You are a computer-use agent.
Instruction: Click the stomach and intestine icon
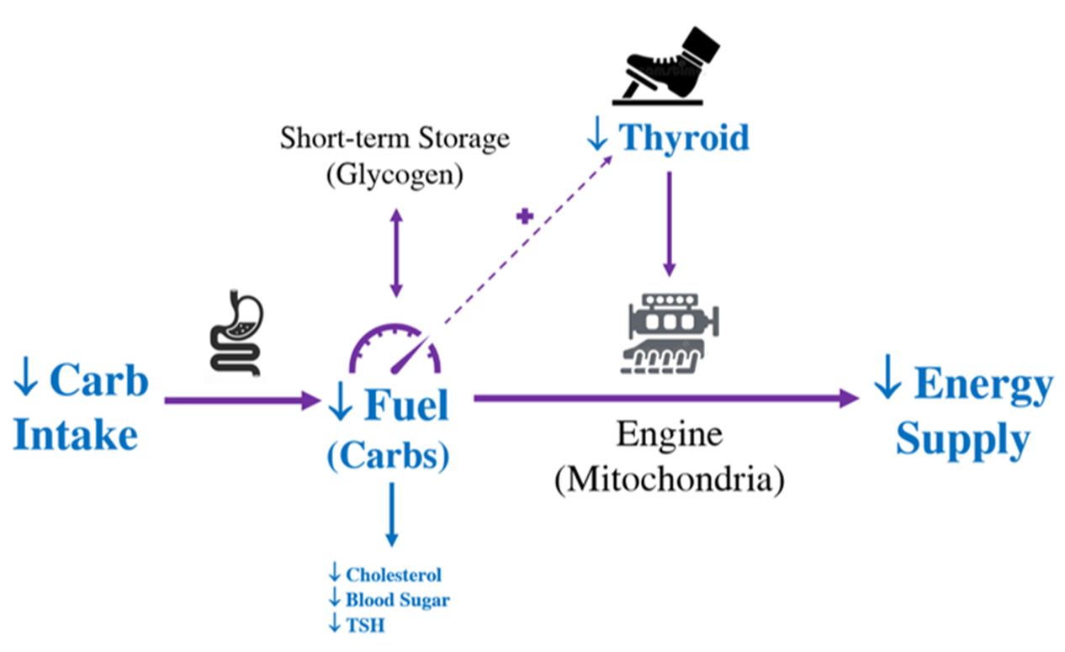pos(236,334)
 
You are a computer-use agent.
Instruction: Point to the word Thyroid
pos(683,138)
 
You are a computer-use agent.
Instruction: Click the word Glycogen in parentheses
pos(395,177)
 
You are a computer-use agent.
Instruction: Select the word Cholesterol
pos(394,575)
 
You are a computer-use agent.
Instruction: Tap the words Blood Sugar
pos(397,601)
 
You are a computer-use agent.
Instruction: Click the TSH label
pos(363,626)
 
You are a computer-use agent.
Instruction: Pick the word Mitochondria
pos(669,479)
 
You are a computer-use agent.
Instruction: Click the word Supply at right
pos(962,440)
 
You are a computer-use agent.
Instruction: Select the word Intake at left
pos(76,436)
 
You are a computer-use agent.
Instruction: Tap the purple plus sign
pos(525,217)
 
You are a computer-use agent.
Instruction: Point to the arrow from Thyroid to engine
pos(669,223)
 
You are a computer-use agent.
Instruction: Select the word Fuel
pos(407,407)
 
